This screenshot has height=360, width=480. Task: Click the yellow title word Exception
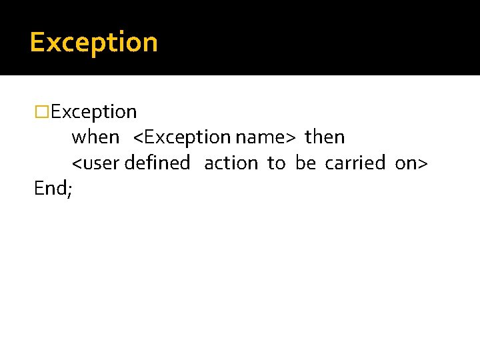click(x=93, y=43)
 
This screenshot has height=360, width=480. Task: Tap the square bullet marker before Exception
click(x=42, y=112)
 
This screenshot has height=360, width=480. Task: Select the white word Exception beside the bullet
click(x=94, y=112)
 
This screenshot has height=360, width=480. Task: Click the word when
click(x=95, y=137)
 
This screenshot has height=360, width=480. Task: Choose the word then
click(x=325, y=137)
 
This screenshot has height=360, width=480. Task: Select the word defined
click(x=157, y=163)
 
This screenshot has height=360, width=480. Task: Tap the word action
click(x=231, y=163)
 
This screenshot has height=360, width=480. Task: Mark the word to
click(x=276, y=163)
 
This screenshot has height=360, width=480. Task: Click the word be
click(x=305, y=163)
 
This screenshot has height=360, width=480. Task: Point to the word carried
click(x=355, y=163)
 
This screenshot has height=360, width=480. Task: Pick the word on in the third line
click(x=405, y=163)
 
